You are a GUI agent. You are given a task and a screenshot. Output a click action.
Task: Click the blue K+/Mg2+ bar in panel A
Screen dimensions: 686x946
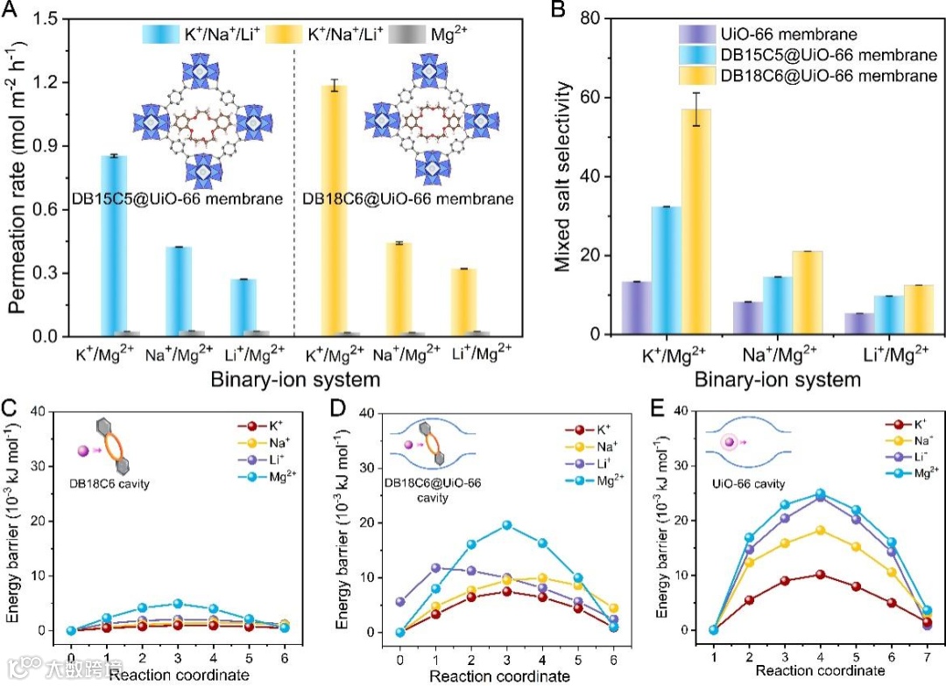click(x=113, y=245)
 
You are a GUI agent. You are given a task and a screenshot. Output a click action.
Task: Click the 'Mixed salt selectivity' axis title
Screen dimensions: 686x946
click(x=566, y=176)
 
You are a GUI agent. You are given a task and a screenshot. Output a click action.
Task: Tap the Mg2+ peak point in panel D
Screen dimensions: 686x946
click(x=506, y=525)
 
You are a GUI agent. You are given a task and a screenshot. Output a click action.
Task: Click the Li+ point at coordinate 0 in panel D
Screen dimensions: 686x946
click(x=400, y=602)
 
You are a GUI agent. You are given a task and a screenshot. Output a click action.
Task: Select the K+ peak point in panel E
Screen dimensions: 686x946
click(x=820, y=575)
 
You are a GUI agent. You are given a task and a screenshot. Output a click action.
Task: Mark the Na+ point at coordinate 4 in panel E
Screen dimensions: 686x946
click(x=820, y=530)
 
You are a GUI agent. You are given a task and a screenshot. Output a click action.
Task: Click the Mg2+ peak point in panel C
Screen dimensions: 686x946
click(x=177, y=604)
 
